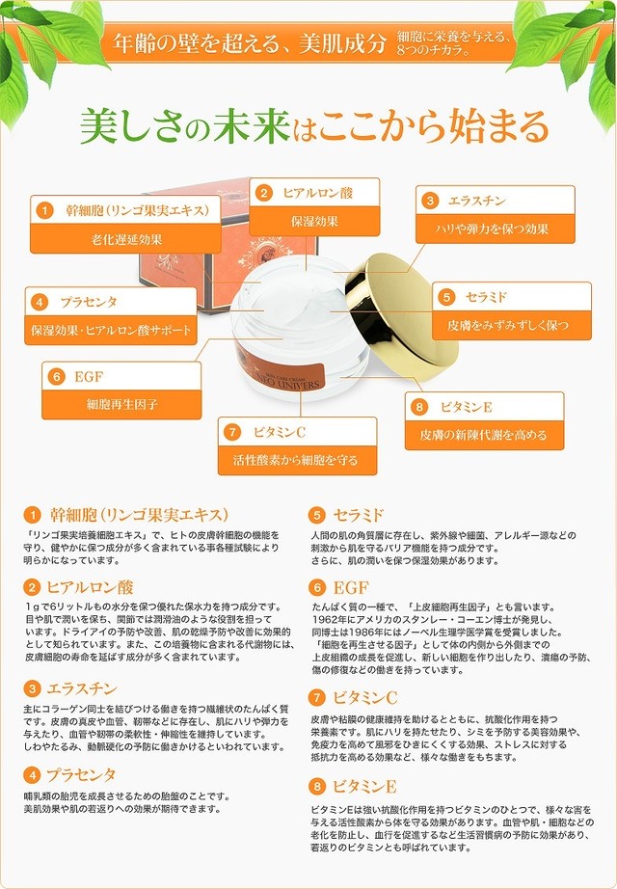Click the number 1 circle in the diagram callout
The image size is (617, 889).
44,210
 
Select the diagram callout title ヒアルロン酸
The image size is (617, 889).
318,193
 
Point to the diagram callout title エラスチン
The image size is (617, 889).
478,201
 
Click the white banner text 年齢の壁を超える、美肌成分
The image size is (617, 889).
250,43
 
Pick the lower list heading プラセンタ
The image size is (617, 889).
82,774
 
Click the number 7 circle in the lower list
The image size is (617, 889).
316,697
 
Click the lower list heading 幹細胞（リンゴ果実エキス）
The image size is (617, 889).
139,514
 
